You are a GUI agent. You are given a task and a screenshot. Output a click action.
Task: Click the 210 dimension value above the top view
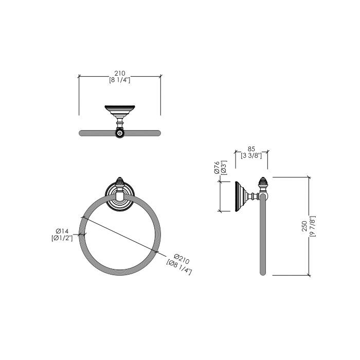(x=119, y=74)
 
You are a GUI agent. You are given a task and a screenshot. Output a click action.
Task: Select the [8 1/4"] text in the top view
(x=119, y=80)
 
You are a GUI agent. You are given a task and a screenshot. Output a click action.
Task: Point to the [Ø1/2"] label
(x=62, y=238)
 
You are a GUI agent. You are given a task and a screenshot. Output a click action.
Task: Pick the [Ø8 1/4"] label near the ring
(x=179, y=267)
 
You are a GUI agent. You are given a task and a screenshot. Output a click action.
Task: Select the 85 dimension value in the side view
(x=251, y=149)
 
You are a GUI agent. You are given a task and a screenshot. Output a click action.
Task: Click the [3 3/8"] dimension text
(x=251, y=155)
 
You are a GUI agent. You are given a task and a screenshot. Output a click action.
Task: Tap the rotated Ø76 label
(x=217, y=168)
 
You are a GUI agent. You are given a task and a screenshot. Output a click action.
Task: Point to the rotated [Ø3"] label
(x=224, y=168)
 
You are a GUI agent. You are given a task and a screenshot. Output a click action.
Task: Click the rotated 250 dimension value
(x=305, y=226)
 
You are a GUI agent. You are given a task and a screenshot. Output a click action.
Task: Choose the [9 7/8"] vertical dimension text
(x=312, y=226)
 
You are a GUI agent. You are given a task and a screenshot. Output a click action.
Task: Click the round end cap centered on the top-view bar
(x=120, y=133)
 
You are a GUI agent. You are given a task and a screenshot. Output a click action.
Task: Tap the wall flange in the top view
(x=119, y=109)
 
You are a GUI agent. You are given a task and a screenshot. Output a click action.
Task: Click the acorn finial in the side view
(x=263, y=183)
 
